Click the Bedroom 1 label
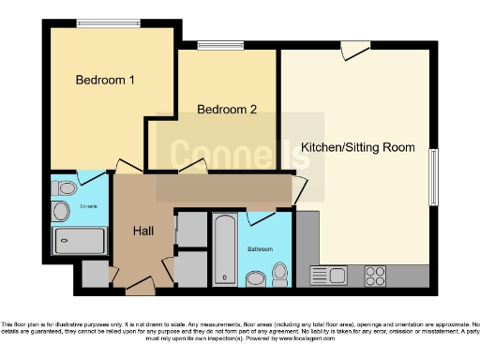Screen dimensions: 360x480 pyautogui.click(x=105, y=81)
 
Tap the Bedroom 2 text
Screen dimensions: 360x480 pyautogui.click(x=227, y=110)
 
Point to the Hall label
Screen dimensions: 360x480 pyautogui.click(x=142, y=231)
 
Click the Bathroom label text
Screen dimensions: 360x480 pyautogui.click(x=260, y=249)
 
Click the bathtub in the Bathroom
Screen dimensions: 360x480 pyautogui.click(x=225, y=248)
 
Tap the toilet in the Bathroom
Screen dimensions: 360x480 pyautogui.click(x=278, y=273)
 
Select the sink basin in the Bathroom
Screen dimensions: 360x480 pyautogui.click(x=255, y=277)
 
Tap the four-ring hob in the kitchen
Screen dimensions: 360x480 pyautogui.click(x=375, y=276)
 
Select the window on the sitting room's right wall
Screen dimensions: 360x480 pyautogui.click(x=433, y=175)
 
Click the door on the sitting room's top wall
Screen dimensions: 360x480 pyautogui.click(x=354, y=50)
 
